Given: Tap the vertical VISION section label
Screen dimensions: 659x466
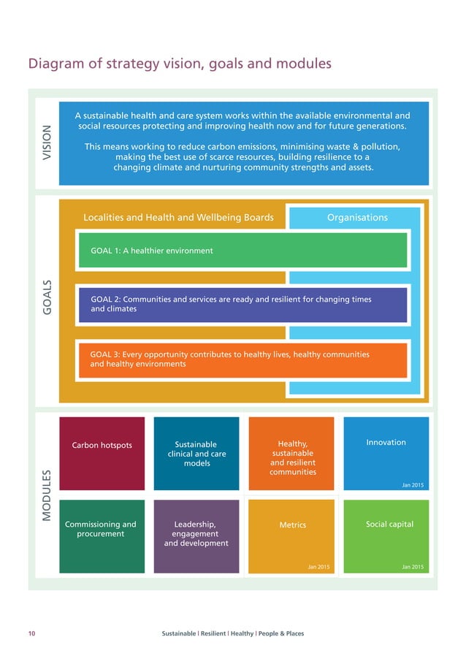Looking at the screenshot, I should pos(47,143).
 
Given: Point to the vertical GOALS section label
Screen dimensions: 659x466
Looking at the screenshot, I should pos(47,299).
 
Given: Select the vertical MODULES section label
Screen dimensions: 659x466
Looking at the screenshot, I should pos(47,495).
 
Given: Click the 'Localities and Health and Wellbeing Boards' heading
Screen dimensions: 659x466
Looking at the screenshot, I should pos(178,217).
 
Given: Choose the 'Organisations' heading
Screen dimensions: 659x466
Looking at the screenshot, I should pos(357,217).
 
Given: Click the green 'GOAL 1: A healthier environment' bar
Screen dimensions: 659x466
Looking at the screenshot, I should pos(241,251).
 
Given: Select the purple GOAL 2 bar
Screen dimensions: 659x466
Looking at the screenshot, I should pos(241,305).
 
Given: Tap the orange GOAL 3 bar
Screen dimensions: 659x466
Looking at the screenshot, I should pos(241,359).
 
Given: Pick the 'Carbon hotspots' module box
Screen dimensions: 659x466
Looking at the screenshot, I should pos(102,453).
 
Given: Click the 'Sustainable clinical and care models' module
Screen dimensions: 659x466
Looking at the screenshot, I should pos(196,453).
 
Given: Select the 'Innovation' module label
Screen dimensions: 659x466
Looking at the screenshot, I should pos(386,442).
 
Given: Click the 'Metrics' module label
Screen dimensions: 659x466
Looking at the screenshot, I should pos(292,525).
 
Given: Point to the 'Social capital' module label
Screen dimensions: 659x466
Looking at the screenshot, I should pos(386,525).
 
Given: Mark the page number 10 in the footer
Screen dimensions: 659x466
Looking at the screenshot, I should pos(31,633).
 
